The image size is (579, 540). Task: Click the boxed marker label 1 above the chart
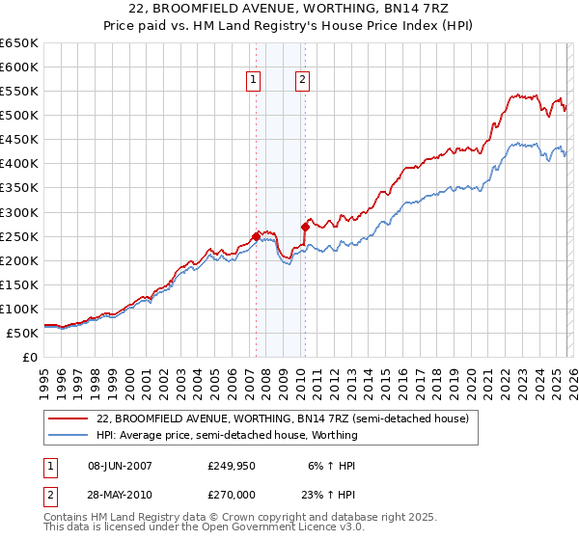tap(253, 81)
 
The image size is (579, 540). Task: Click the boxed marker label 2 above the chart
tap(303, 81)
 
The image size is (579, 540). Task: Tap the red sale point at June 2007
tap(256, 235)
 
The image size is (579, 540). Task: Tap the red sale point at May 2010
tap(305, 227)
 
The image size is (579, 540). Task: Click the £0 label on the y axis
tap(29, 358)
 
